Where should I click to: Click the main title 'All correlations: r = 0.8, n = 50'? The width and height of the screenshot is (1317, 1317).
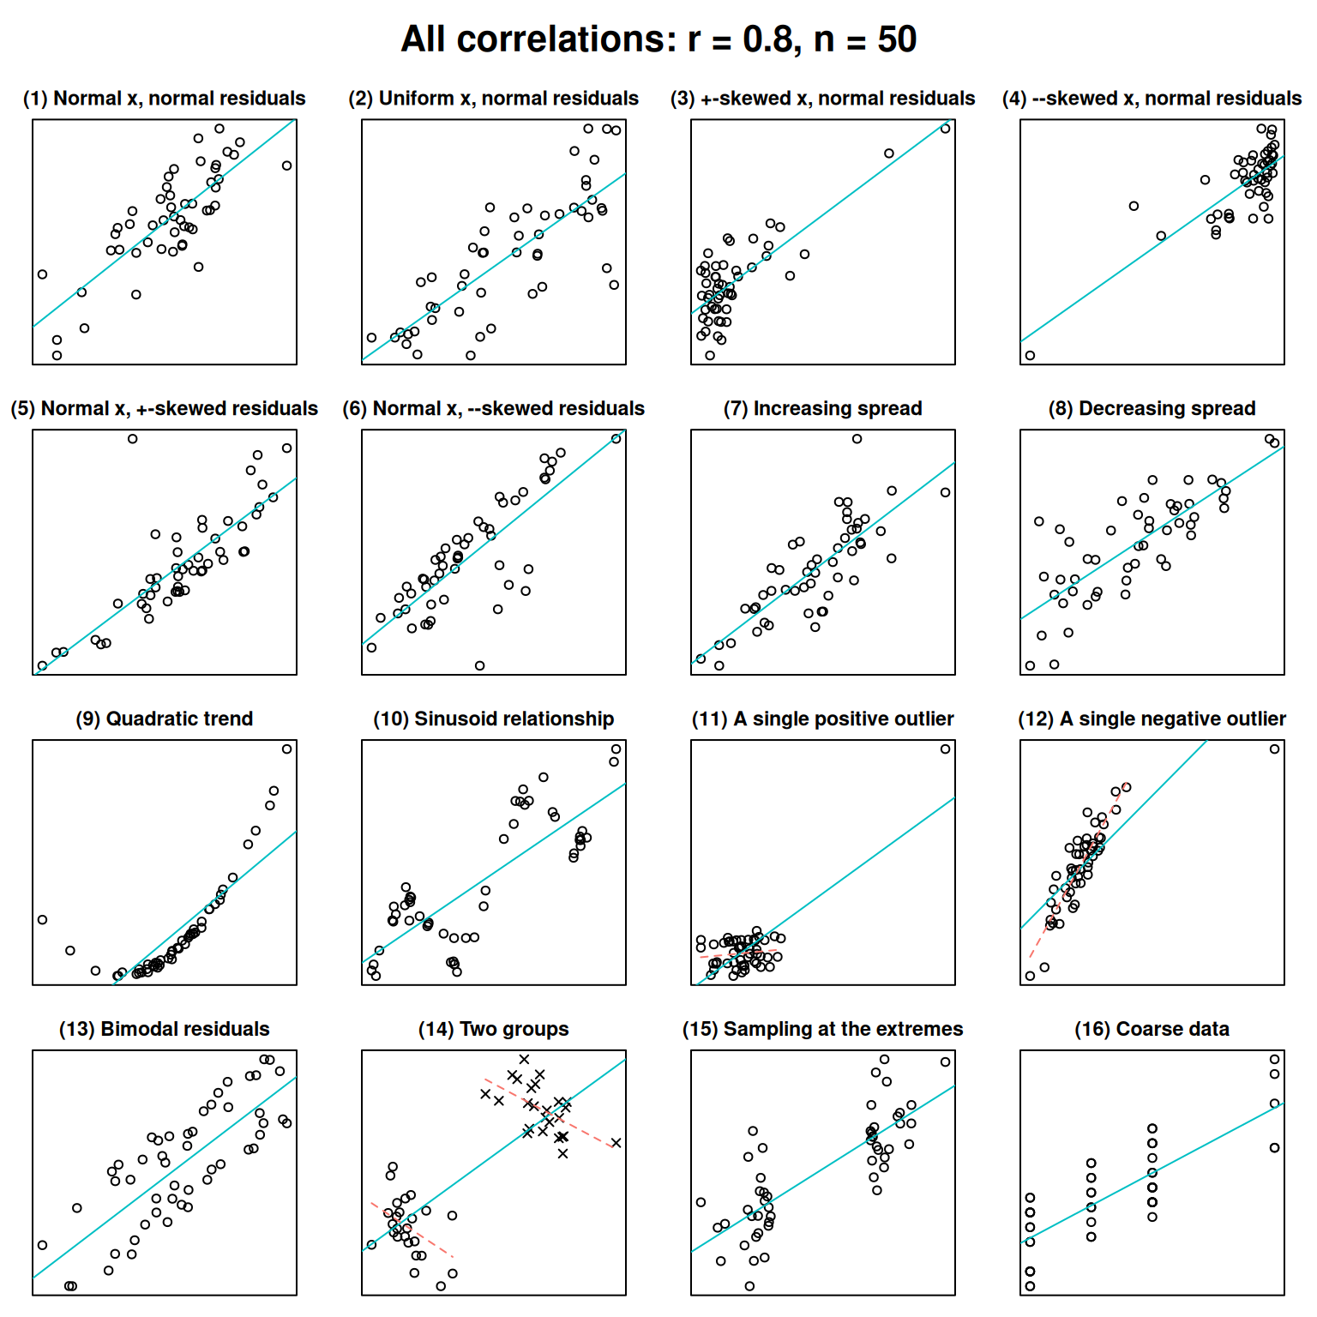tap(658, 39)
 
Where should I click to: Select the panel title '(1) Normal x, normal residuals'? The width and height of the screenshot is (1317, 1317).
tap(165, 99)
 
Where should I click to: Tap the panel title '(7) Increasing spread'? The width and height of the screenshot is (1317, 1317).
tap(823, 409)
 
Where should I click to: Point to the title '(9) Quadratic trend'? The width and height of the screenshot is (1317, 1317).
tap(165, 719)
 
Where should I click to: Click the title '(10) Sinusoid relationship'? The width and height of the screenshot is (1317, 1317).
tap(494, 719)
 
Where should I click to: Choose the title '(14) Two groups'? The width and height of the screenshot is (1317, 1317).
tap(494, 1030)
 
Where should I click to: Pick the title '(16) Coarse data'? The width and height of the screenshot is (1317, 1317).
tap(1152, 1030)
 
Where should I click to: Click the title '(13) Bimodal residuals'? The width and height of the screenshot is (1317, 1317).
tap(165, 1030)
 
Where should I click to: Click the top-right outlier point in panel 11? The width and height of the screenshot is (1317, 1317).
tap(946, 749)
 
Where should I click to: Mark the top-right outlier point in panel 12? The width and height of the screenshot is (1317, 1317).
tap(1275, 749)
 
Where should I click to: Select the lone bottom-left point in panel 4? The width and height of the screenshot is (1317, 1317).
tap(1030, 356)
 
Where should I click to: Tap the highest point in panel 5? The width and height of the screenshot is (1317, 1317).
tap(133, 439)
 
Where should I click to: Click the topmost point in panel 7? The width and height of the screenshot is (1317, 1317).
tap(857, 439)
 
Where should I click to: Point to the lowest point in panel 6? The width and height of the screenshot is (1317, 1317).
tap(480, 666)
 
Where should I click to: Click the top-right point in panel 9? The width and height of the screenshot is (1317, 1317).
tap(287, 749)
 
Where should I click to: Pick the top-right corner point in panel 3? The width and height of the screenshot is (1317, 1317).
tap(946, 129)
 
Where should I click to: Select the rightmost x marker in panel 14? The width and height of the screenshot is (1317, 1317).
tap(616, 1143)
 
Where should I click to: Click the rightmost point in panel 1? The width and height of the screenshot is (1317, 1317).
tap(287, 165)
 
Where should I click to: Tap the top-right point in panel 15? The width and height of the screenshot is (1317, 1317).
tap(946, 1062)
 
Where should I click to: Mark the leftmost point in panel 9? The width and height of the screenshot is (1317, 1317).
tap(43, 920)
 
